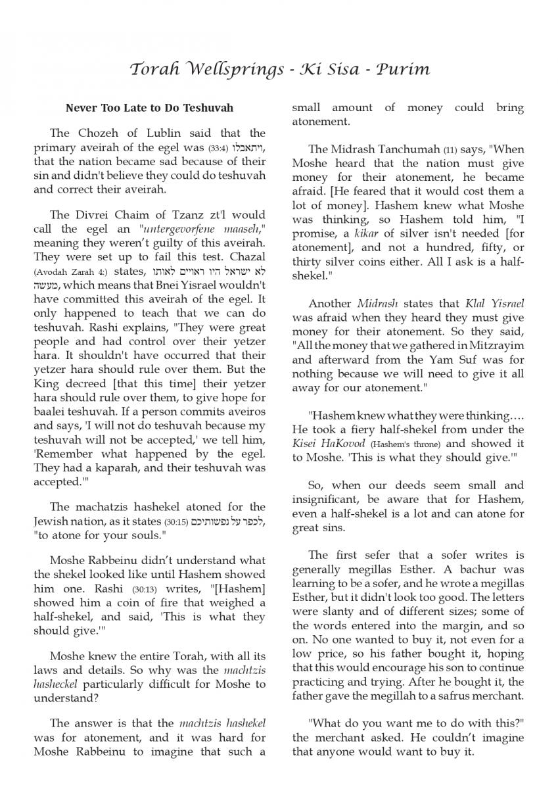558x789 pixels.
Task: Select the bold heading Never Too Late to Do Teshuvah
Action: point(149,107)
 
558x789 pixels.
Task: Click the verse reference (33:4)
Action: point(218,147)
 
